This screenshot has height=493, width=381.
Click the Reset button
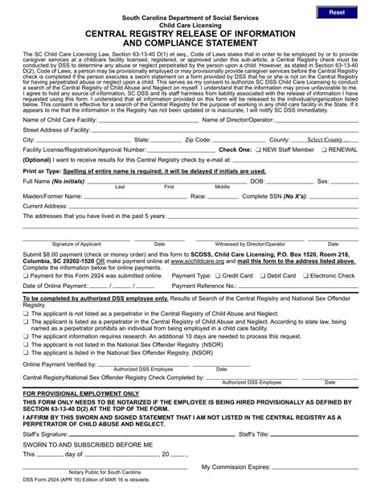(x=335, y=13)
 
